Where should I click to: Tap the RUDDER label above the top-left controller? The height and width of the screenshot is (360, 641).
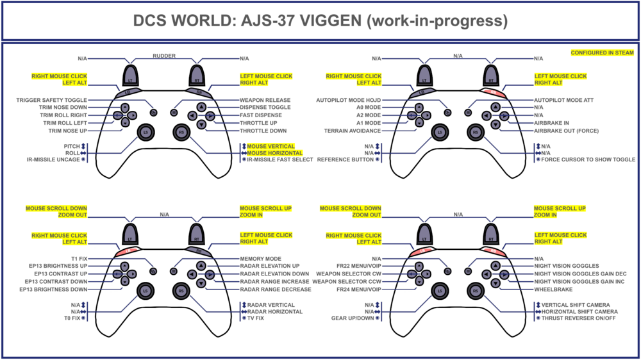[x=163, y=56]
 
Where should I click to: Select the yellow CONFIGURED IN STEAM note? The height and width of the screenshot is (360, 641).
[x=602, y=53]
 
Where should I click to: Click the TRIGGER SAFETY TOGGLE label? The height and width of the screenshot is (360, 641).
[x=51, y=100]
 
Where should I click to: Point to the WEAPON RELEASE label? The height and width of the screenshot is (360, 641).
[x=265, y=100]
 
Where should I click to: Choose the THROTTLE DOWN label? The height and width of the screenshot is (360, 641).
[x=263, y=131]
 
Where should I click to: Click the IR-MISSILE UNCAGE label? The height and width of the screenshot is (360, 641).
[x=49, y=160]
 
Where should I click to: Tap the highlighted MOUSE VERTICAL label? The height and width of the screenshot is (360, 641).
[x=271, y=147]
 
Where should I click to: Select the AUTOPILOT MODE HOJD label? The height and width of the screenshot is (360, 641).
[x=349, y=100]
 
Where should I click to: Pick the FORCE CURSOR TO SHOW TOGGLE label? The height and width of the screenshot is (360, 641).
[x=588, y=160]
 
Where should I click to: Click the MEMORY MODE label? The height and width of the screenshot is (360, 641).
[x=262, y=258]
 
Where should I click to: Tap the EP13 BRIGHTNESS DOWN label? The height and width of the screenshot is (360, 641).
[x=54, y=289]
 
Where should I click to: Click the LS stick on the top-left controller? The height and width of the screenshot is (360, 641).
[x=144, y=132]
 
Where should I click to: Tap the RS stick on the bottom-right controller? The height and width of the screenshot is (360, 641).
[x=475, y=291]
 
